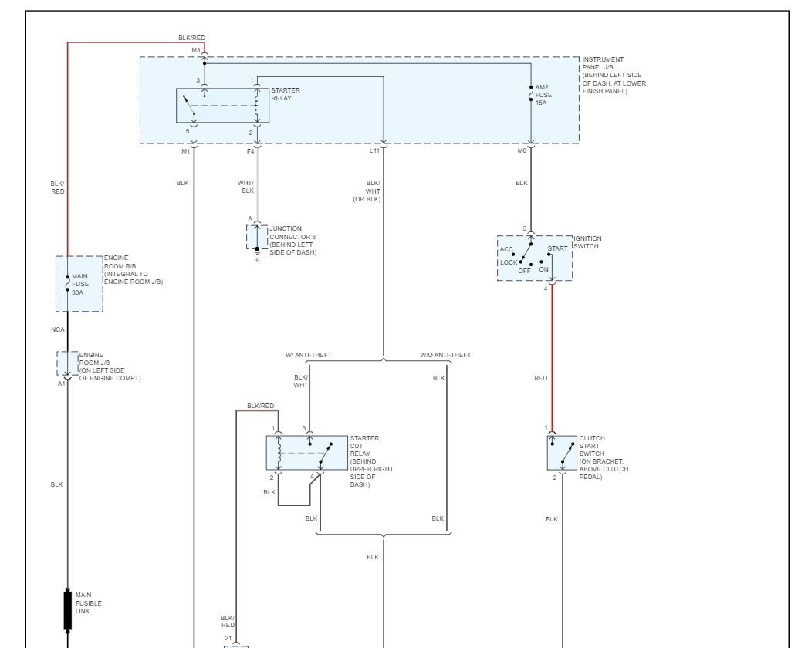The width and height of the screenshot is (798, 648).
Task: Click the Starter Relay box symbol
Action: point(223,106)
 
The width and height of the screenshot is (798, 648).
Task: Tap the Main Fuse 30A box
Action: point(79,284)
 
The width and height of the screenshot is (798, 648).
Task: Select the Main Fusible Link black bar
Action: point(67,611)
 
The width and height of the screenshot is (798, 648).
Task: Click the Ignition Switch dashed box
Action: point(534,258)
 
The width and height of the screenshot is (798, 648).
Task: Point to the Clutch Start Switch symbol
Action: point(562,452)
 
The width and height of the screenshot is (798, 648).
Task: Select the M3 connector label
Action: point(196,50)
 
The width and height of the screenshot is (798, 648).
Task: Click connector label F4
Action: point(250,151)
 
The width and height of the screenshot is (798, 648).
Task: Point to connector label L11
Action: point(374,151)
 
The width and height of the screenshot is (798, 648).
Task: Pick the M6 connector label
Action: point(522,151)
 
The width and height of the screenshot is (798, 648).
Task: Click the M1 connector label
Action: point(185,151)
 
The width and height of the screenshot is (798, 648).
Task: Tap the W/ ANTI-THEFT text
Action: point(309,355)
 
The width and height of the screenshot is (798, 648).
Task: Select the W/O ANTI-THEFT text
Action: point(445,355)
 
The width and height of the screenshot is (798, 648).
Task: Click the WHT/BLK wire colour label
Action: point(247,186)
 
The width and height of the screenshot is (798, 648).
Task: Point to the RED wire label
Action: point(540,379)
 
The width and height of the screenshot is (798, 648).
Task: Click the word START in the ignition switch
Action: point(557,248)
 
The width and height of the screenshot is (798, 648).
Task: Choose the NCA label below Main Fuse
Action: point(59,329)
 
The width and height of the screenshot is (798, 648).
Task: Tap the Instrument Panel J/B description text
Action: point(614,75)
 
